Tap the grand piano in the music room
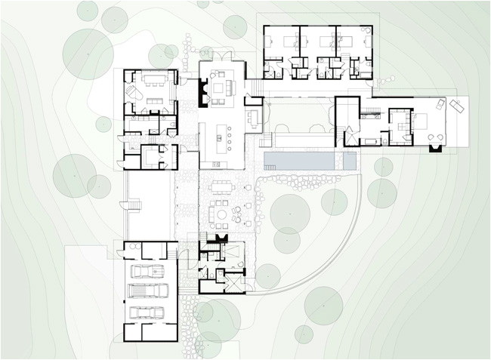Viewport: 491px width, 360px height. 133,93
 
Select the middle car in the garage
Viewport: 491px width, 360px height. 146,291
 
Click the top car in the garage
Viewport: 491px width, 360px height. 146,271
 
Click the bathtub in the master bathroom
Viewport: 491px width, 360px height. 373,140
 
